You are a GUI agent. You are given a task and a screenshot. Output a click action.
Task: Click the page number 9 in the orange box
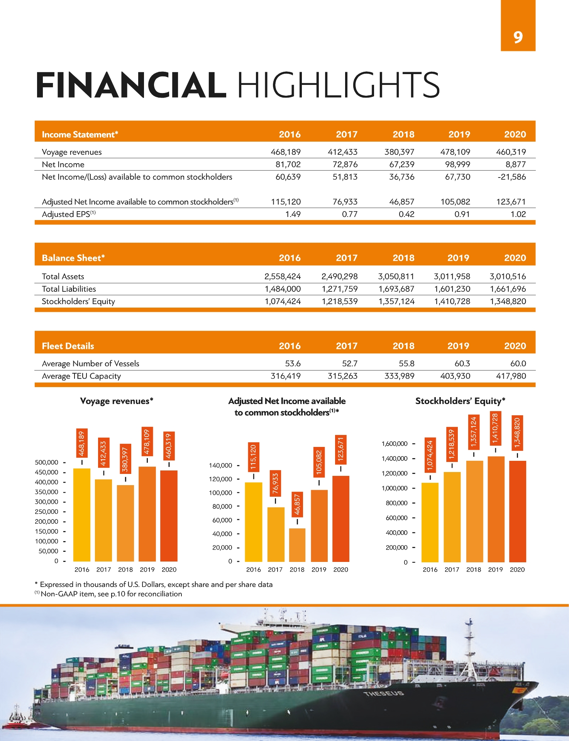pyautogui.click(x=518, y=37)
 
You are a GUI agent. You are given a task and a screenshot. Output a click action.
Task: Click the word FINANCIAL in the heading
pyautogui.click(x=131, y=85)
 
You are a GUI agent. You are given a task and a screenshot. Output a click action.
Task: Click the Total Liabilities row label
pyautogui.click(x=69, y=289)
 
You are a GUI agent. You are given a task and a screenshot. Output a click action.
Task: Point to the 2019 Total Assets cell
pyautogui.click(x=452, y=276)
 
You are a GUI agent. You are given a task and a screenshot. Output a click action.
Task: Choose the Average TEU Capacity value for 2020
pyautogui.click(x=511, y=376)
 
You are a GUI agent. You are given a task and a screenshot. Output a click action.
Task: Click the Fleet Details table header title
pyautogui.click(x=68, y=346)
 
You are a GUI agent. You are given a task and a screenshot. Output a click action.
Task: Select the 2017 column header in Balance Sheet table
pyautogui.click(x=346, y=258)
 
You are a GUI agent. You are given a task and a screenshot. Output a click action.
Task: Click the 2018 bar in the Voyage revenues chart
pyautogui.click(x=125, y=523)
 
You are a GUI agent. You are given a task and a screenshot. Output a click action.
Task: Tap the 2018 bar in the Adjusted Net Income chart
pyautogui.click(x=297, y=545)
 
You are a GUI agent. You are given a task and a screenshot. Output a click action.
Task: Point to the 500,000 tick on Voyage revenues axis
pyautogui.click(x=47, y=462)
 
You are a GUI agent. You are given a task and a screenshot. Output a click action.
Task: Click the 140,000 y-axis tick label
pyautogui.click(x=220, y=465)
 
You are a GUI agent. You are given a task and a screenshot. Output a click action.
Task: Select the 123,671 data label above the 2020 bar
pyautogui.click(x=340, y=450)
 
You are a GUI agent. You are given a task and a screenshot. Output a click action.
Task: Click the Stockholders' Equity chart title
pyautogui.click(x=460, y=401)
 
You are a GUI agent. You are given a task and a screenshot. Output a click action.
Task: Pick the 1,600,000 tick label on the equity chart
pyautogui.click(x=395, y=444)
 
